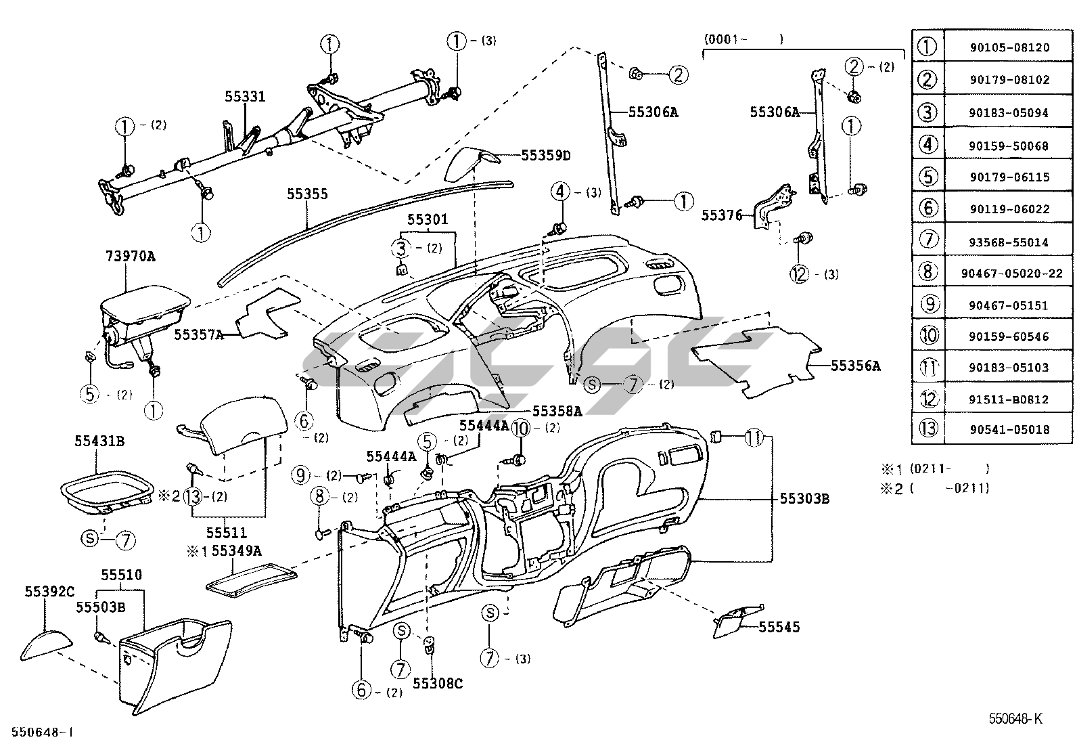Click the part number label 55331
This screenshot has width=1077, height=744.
tap(245, 96)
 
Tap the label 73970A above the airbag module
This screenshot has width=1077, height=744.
tap(131, 256)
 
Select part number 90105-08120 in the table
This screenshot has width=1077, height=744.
tap(1009, 47)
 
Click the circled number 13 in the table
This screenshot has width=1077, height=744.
tap(928, 428)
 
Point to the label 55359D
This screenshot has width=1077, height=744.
tap(546, 156)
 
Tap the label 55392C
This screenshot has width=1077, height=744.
tap(49, 592)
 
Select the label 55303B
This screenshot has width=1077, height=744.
tap(804, 498)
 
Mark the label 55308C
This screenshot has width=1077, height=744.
tap(438, 683)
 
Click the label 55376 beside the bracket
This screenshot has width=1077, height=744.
tap(722, 215)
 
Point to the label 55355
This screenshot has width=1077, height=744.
tap(307, 194)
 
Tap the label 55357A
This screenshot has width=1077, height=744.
tap(199, 334)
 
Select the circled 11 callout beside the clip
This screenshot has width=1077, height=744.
tap(754, 437)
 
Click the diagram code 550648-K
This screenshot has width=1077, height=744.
tap(1015, 718)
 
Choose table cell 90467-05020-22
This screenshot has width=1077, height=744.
tap(1011, 273)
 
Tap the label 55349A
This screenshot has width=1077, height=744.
tap(237, 550)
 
